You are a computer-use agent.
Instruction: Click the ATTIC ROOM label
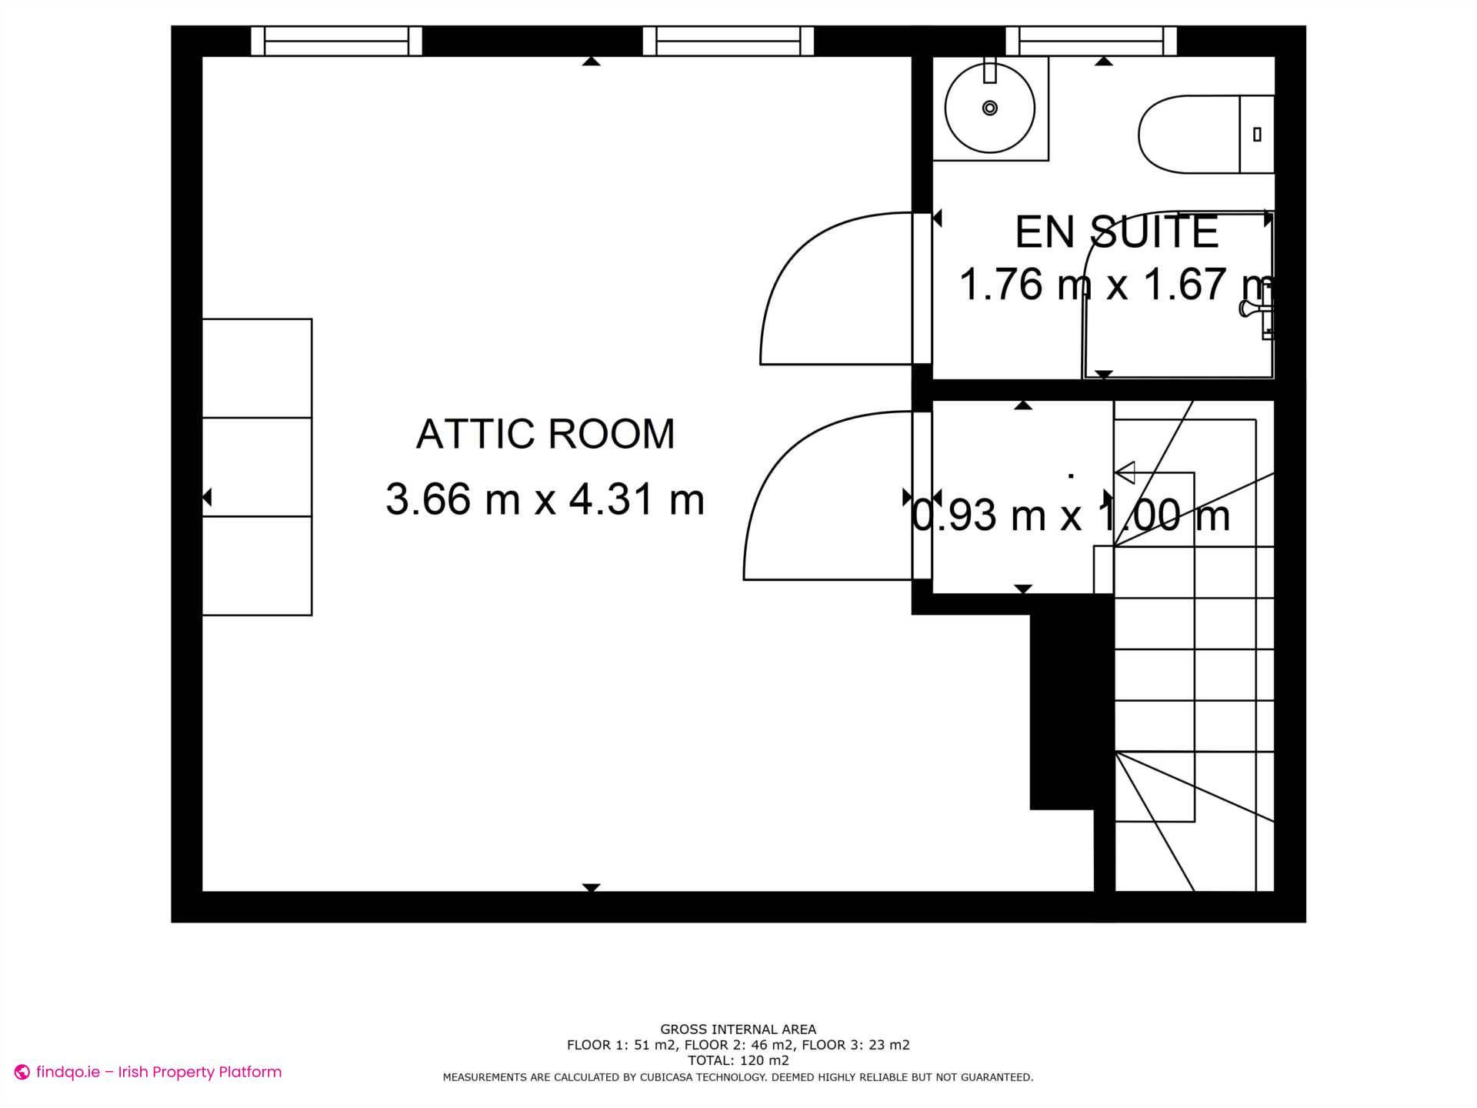tap(545, 434)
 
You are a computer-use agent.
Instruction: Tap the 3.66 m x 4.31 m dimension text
tap(545, 499)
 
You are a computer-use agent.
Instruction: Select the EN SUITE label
tap(1117, 232)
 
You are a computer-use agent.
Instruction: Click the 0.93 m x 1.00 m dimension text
tap(1071, 516)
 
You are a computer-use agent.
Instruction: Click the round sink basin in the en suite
tap(990, 108)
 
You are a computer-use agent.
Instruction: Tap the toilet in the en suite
tap(1204, 135)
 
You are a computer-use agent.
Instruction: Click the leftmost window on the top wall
tap(337, 41)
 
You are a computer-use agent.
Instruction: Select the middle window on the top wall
tap(728, 41)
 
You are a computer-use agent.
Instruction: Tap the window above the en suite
tap(1091, 41)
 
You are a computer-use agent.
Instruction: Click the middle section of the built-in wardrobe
tap(257, 467)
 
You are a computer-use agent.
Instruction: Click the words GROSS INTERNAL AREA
tap(738, 1030)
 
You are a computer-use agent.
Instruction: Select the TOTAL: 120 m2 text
tap(738, 1060)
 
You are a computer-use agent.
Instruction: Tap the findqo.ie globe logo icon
tap(22, 1073)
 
